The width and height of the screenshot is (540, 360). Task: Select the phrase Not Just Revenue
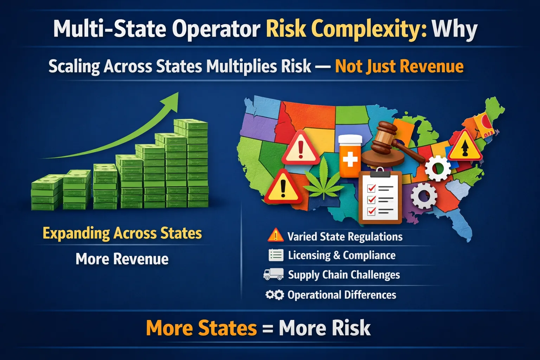click(399, 66)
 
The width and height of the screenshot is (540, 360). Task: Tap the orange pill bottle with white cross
click(350, 156)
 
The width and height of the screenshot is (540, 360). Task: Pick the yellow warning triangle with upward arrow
click(465, 146)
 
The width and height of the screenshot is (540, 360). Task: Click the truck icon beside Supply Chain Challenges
click(274, 274)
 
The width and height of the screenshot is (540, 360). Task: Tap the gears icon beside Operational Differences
click(275, 295)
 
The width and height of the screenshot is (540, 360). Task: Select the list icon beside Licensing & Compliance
click(276, 255)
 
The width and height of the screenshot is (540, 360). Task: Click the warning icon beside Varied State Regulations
click(276, 235)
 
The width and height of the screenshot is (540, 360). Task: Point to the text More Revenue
click(122, 259)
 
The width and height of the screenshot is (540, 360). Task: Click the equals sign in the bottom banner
click(268, 328)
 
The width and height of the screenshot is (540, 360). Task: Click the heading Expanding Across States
click(122, 233)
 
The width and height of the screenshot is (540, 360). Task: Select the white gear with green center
click(438, 168)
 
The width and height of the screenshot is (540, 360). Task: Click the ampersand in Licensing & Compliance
click(336, 255)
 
